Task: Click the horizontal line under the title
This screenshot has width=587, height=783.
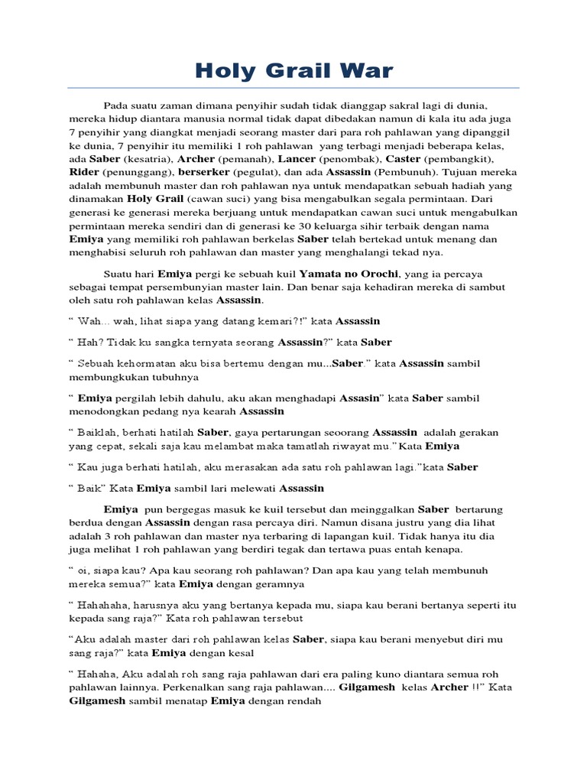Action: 293,89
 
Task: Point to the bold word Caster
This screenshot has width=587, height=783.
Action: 404,159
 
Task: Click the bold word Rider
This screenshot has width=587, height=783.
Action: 84,173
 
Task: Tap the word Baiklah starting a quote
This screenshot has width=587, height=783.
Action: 97,432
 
